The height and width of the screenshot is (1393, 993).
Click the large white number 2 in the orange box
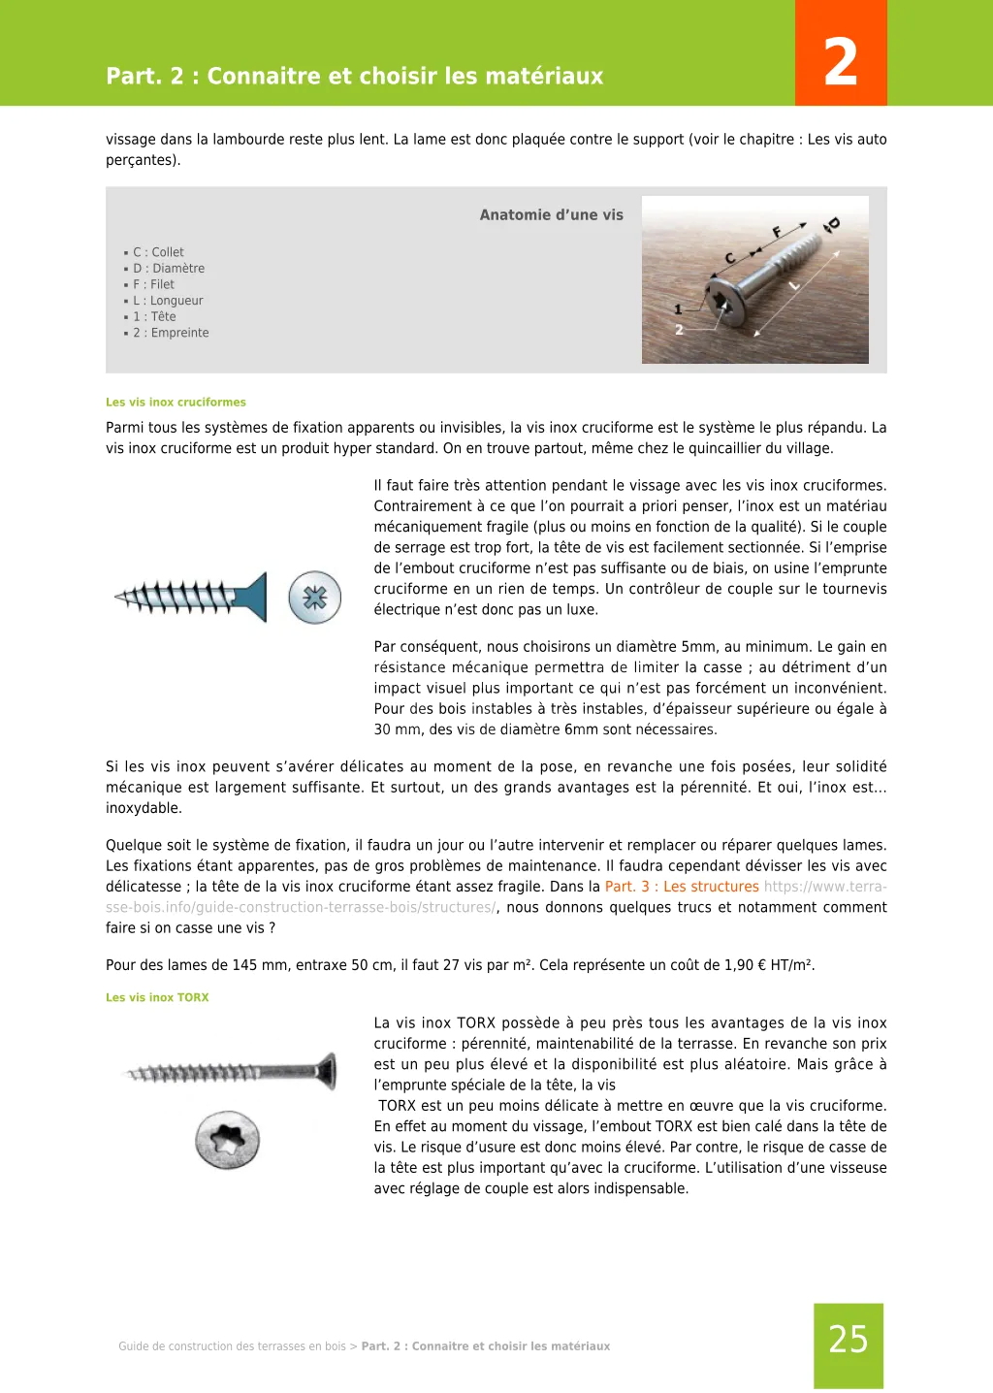click(841, 62)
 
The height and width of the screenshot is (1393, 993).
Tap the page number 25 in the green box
click(849, 1340)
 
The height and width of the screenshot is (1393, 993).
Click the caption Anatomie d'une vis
click(551, 215)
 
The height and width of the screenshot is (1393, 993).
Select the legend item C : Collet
click(158, 252)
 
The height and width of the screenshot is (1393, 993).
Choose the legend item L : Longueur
click(168, 301)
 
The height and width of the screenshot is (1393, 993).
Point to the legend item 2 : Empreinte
click(171, 333)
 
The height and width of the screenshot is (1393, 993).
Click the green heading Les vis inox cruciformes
click(176, 403)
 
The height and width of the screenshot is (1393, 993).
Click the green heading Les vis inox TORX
click(157, 997)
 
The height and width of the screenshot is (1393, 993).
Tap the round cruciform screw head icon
click(315, 598)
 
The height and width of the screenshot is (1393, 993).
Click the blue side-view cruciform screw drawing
click(191, 597)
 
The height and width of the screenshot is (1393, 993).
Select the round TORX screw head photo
click(228, 1140)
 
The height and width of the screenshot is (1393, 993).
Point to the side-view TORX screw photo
click(233, 1072)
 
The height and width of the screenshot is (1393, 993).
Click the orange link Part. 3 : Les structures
click(682, 887)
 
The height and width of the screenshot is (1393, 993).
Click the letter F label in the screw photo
click(777, 232)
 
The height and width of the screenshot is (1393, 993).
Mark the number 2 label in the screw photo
click(679, 330)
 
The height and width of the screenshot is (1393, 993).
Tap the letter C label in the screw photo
click(730, 258)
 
